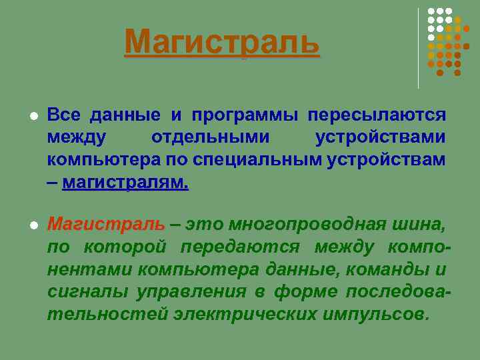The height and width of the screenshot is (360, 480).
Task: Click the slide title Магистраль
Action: point(222,43)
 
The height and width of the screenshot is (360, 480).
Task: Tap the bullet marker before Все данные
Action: point(32,117)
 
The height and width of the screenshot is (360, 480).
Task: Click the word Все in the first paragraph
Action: point(63,115)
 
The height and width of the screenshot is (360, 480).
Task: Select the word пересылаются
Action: point(377,115)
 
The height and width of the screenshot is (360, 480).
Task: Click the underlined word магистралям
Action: point(125,183)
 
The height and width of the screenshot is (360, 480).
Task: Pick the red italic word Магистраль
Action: point(105,223)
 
